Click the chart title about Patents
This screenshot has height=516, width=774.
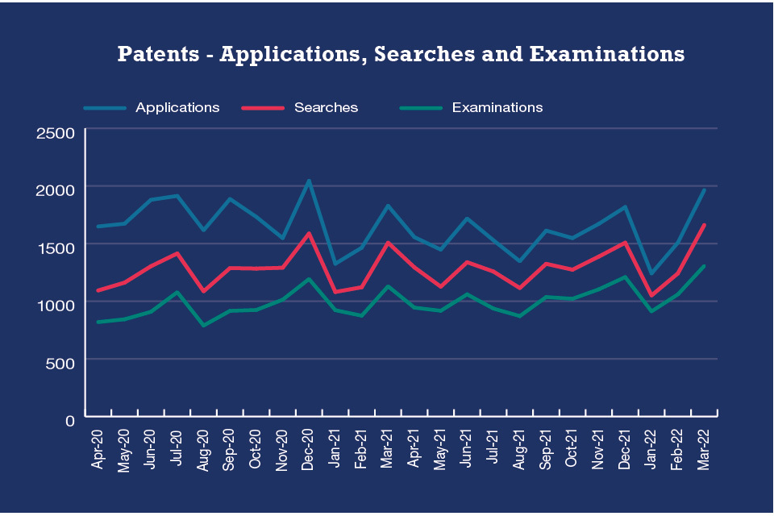pyautogui.click(x=401, y=55)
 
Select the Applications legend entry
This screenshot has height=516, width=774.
pyautogui.click(x=177, y=107)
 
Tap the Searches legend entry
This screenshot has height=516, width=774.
pyautogui.click(x=326, y=107)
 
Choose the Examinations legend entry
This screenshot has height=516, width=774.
pyautogui.click(x=497, y=107)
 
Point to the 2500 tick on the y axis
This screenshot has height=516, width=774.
pyautogui.click(x=56, y=132)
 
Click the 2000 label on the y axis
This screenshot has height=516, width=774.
pyautogui.click(x=56, y=189)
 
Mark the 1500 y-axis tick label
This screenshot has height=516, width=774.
pyautogui.click(x=56, y=247)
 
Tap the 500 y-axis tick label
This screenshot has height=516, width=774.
pyautogui.click(x=60, y=362)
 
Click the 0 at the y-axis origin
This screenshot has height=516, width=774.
pyautogui.click(x=69, y=419)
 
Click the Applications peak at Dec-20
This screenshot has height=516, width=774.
pyautogui.click(x=308, y=181)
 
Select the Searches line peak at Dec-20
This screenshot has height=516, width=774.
pyautogui.click(x=308, y=234)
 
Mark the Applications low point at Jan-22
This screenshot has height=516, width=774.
pyautogui.click(x=651, y=274)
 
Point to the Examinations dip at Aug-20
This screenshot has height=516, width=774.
pyautogui.click(x=203, y=326)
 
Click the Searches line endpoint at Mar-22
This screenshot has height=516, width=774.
pyautogui.click(x=704, y=225)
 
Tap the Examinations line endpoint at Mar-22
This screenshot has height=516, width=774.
pyautogui.click(x=704, y=266)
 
